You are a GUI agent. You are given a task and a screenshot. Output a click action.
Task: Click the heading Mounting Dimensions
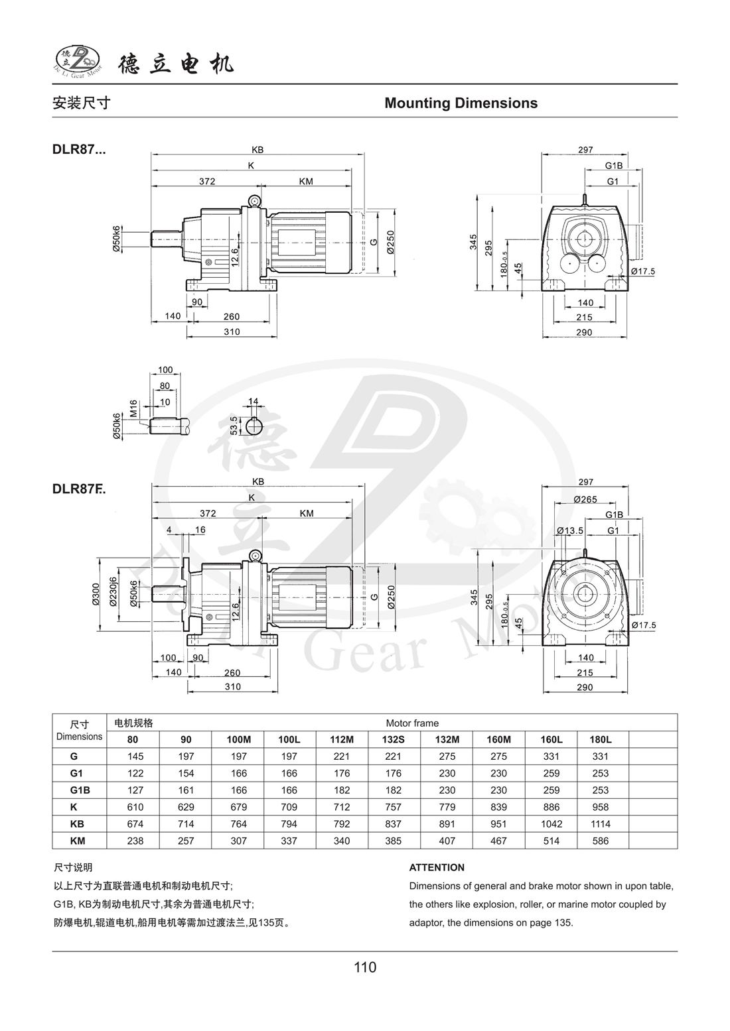pos(461,103)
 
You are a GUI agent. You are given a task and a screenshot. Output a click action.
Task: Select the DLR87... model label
pos(78,150)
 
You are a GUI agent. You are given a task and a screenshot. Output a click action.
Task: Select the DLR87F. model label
pos(78,489)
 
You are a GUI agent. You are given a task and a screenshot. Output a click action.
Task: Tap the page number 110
pos(365,967)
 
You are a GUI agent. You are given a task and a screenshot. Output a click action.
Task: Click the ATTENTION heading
pos(437,867)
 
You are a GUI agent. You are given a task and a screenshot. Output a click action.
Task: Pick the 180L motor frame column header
pos(603,739)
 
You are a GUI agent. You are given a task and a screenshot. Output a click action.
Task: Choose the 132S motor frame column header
pos(394,739)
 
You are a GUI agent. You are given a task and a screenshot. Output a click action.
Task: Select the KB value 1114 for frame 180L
pos(603,824)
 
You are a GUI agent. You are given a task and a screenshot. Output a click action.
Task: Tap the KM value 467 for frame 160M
pos(498,841)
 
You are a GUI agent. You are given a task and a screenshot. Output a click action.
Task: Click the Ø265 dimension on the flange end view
pos(585,499)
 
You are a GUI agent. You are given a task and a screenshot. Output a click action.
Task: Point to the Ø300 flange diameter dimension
pos(96,595)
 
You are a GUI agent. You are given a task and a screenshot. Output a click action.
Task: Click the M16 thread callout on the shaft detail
pos(133,408)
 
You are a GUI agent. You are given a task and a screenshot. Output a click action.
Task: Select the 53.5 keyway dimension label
pos(234,425)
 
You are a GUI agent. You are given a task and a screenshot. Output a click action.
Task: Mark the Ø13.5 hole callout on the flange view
pos(570,530)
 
